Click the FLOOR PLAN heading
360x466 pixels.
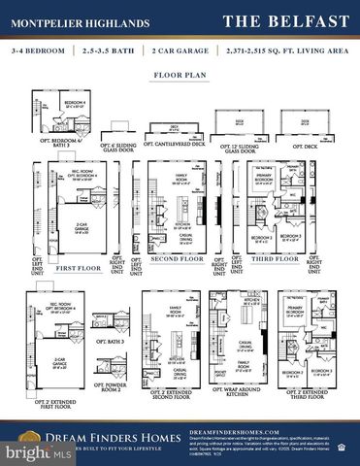tap(180, 74)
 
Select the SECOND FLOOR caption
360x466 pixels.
tap(179, 260)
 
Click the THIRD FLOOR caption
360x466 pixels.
tap(276, 260)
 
